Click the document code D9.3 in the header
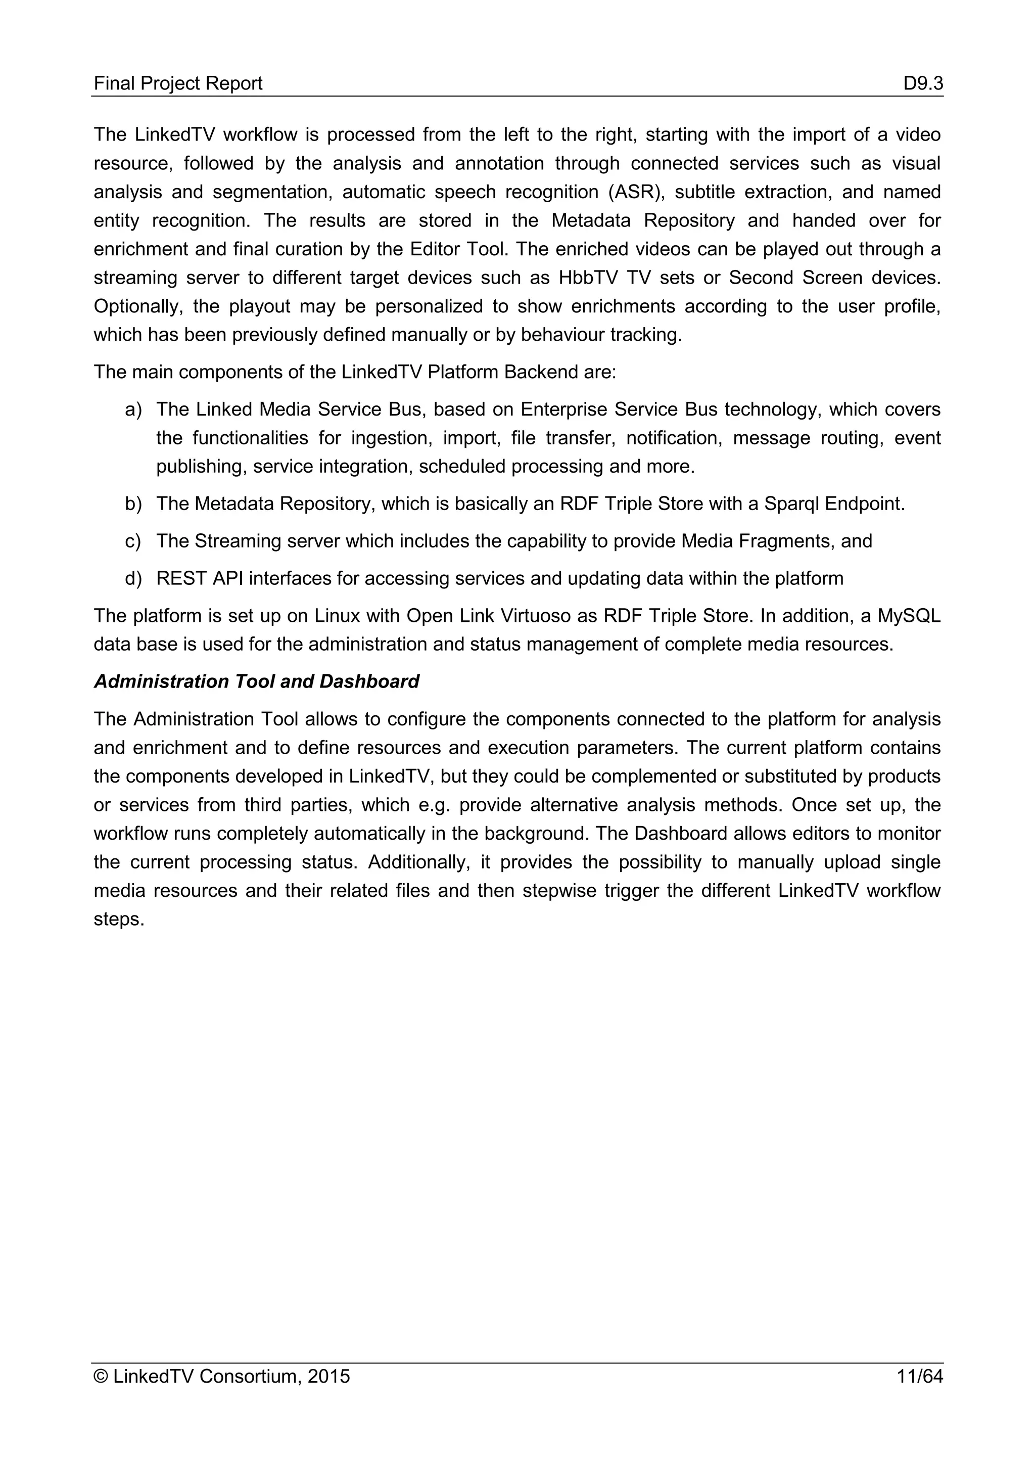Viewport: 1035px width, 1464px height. (x=922, y=83)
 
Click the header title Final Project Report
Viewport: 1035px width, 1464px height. (x=178, y=83)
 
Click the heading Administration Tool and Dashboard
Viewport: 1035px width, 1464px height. (x=256, y=681)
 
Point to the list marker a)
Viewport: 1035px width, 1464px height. (x=133, y=409)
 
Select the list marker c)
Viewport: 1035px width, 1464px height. (x=133, y=541)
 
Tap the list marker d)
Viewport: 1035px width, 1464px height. (x=133, y=579)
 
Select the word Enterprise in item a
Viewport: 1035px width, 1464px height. (x=564, y=409)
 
